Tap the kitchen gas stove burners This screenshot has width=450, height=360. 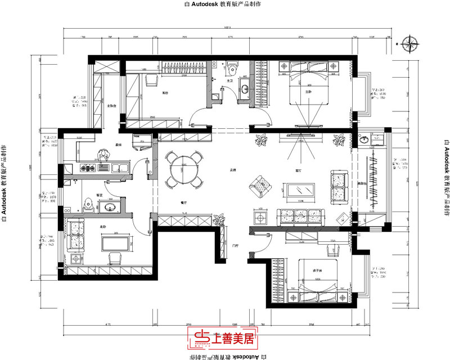click(88, 167)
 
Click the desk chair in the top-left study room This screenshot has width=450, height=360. click(151, 80)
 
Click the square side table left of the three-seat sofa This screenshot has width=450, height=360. click(260, 217)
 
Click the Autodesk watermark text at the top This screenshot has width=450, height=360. click(225, 4)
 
